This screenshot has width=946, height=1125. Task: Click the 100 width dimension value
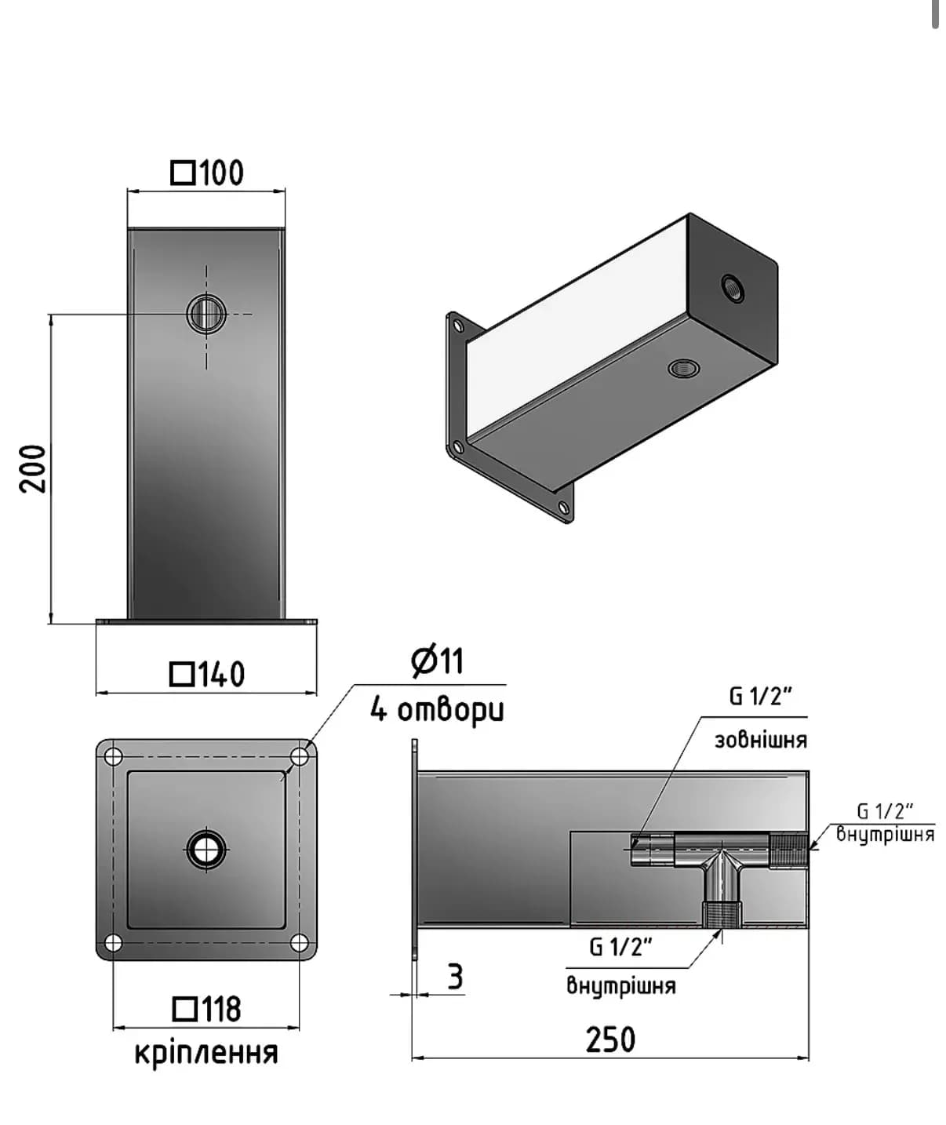(x=222, y=173)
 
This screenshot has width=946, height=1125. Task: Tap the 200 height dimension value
(x=33, y=468)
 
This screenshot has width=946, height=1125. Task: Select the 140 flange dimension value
(x=222, y=674)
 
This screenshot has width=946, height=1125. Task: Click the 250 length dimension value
(x=610, y=1039)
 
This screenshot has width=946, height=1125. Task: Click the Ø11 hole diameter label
(x=437, y=661)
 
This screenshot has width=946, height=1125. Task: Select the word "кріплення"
(x=206, y=1054)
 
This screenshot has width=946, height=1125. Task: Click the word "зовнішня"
(x=761, y=741)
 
